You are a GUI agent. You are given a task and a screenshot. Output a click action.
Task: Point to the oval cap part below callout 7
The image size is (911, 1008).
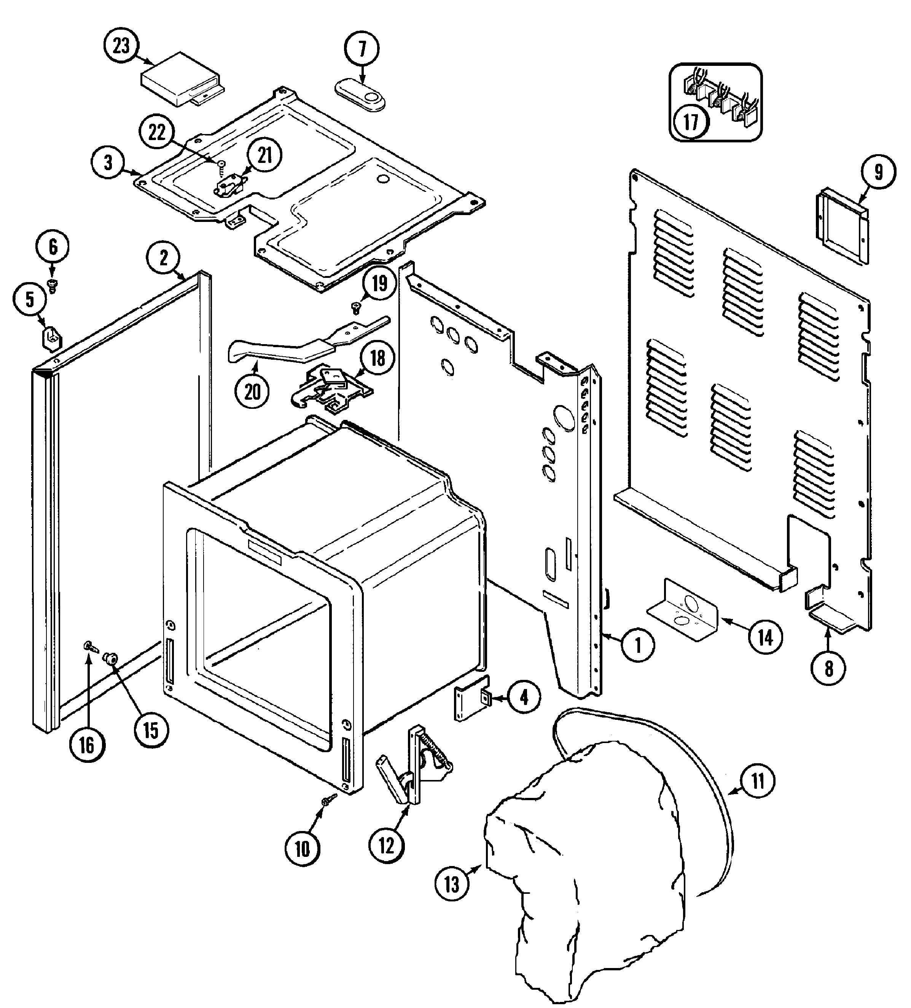[x=360, y=94]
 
